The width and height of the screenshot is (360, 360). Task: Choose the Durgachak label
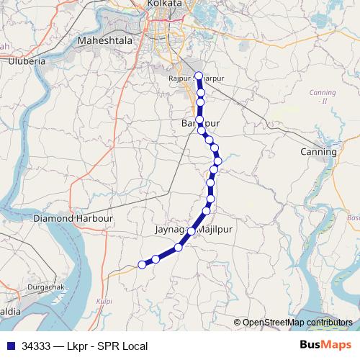tap(45, 286)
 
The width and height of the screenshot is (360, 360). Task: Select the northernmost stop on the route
tap(199, 76)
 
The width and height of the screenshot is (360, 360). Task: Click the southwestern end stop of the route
tap(142, 265)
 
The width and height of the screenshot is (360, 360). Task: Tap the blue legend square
tap(10, 346)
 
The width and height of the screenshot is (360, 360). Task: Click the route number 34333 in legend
tap(36, 346)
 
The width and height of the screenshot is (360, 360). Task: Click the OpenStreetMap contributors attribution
tap(298, 323)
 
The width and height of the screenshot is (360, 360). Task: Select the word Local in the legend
tap(135, 346)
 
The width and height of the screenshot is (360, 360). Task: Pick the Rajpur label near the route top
tap(178, 78)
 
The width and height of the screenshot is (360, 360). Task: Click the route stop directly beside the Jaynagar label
tap(192, 231)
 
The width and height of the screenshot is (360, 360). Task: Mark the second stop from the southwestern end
tap(156, 259)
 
